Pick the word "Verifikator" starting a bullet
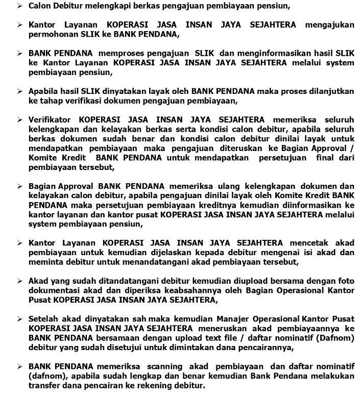[x=52, y=120]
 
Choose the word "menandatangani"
[x=145, y=262]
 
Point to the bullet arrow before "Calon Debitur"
[x=20, y=7]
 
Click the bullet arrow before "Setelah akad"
[x=20, y=319]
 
